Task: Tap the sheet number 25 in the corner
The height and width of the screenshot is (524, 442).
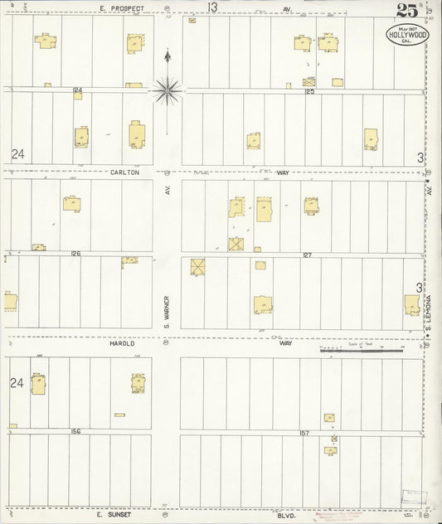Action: click(x=406, y=11)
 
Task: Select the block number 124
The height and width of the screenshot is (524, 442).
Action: click(x=79, y=90)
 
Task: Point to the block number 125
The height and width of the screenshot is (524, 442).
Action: click(x=309, y=91)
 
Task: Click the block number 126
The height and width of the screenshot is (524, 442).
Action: click(x=75, y=254)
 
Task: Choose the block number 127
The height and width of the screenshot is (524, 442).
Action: click(x=306, y=255)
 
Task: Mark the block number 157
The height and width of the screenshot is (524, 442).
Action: click(x=304, y=432)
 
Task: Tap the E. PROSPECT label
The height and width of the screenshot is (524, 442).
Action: click(x=122, y=7)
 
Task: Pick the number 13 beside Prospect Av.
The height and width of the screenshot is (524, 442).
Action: click(x=212, y=7)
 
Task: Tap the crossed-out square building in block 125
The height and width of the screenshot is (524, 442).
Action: click(x=309, y=82)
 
